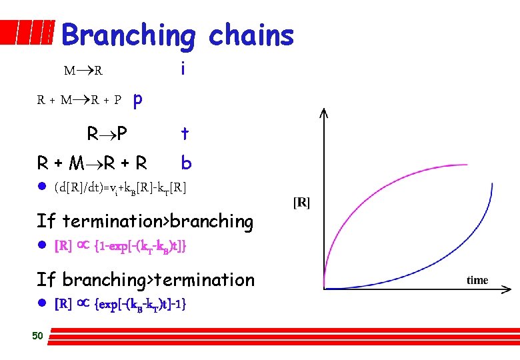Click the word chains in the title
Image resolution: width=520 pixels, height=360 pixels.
[x=251, y=35]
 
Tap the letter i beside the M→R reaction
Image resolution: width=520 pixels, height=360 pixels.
[x=182, y=69]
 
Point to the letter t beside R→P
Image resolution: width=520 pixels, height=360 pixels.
[x=185, y=134]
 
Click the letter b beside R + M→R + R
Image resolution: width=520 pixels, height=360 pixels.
[x=186, y=163]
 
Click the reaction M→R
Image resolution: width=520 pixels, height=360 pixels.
[x=83, y=70]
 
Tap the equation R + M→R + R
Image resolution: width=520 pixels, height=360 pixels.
[x=92, y=163]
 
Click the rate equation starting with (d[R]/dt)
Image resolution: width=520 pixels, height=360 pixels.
[x=121, y=189]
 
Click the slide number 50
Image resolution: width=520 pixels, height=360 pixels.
[x=37, y=335]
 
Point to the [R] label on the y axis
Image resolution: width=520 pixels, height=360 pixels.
[x=301, y=202]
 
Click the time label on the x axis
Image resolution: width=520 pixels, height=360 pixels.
[x=477, y=280]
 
